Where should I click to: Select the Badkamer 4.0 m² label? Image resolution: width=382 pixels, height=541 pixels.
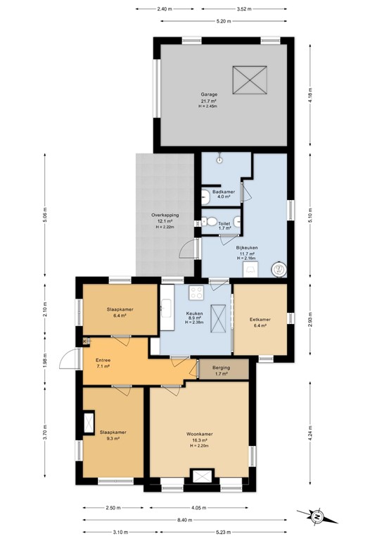[223, 194]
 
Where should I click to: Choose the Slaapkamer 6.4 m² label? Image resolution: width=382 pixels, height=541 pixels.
[120, 312]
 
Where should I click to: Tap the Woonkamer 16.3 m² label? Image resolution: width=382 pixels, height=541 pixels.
[200, 437]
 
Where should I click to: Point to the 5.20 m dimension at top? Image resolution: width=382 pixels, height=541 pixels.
[223, 23]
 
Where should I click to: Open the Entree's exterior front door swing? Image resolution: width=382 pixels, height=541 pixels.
[68, 360]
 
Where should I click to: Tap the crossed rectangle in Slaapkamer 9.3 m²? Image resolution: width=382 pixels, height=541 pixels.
[89, 421]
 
